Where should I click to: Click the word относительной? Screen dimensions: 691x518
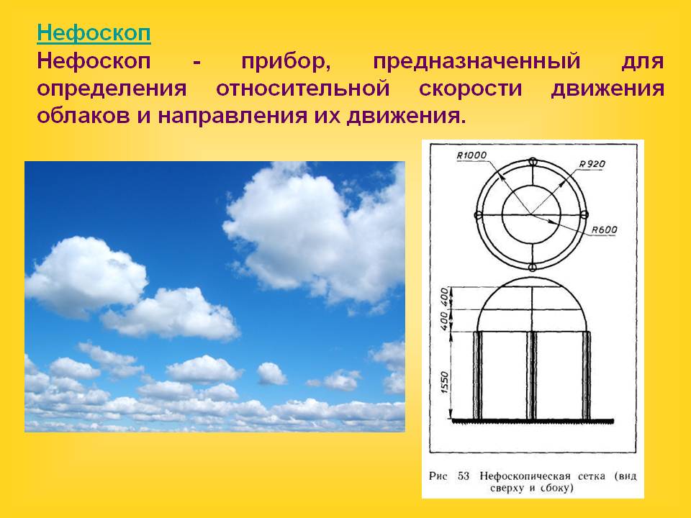click(x=303, y=88)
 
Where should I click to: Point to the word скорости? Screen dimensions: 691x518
click(x=470, y=89)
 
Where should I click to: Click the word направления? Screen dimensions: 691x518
click(x=232, y=117)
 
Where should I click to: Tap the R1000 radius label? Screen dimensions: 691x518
click(x=471, y=155)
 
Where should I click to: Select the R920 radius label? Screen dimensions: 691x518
click(x=592, y=164)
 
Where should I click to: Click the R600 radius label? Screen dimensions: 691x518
click(x=604, y=230)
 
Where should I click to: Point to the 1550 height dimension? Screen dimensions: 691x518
click(x=444, y=382)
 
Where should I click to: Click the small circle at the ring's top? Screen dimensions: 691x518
click(x=533, y=162)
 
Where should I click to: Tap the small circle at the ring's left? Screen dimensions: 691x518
click(x=479, y=215)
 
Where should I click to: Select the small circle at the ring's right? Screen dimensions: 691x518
click(x=584, y=215)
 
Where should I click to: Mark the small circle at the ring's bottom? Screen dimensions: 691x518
click(x=532, y=268)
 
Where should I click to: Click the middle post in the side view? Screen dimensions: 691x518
click(x=532, y=376)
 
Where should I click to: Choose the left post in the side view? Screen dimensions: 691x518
click(x=478, y=376)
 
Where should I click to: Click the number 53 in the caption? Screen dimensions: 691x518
click(x=463, y=476)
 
